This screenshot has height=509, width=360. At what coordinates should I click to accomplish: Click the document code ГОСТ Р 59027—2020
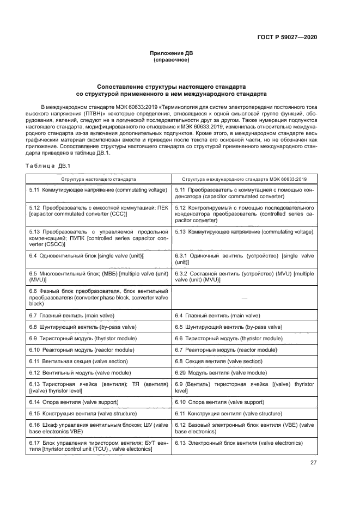286,37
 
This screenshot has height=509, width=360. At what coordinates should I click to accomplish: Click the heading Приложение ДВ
171,53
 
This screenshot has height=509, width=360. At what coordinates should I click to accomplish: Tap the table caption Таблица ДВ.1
48,165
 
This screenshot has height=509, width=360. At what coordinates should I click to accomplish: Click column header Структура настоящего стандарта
99,179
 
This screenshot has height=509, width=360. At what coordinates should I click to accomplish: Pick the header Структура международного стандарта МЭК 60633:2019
244,179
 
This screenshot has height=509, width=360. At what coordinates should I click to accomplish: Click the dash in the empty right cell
244,298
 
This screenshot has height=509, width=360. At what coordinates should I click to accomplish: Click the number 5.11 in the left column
34,189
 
